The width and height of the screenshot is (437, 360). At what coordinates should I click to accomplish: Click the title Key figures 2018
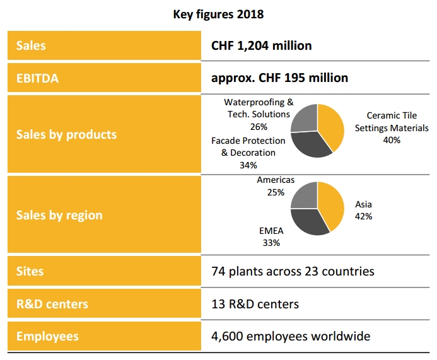tap(218, 13)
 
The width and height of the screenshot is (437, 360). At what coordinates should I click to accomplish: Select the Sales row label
tap(31, 45)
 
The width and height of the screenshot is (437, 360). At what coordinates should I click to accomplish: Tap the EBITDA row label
tap(37, 78)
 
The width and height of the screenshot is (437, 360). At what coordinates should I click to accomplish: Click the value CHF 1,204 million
tap(261, 45)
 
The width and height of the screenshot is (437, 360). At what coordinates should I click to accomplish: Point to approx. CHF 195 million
tap(279, 78)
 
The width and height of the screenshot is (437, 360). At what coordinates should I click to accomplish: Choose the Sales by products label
tap(66, 134)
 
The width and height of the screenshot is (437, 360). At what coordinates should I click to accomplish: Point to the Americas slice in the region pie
tap(304, 195)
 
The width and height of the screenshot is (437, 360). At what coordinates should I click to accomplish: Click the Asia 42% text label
tap(363, 210)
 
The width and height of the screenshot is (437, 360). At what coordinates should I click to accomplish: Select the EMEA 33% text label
tap(271, 236)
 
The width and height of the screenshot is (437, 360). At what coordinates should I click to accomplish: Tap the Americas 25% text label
tap(276, 186)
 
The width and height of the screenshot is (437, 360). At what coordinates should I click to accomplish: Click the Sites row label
tap(30, 272)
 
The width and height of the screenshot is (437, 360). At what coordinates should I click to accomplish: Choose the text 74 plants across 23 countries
tap(293, 272)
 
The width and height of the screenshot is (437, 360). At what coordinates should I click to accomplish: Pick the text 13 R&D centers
tap(255, 304)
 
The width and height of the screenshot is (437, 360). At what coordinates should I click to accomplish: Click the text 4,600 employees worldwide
tap(290, 336)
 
